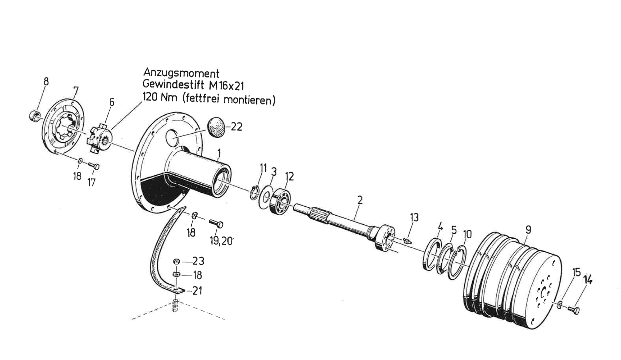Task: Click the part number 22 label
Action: [237, 127]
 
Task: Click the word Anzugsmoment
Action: [181, 73]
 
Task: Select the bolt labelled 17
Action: [94, 166]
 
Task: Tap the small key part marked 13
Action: [407, 240]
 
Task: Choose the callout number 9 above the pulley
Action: [528, 230]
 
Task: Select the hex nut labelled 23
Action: [176, 262]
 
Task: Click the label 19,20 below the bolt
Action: [221, 240]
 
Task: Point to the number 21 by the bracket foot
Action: [197, 291]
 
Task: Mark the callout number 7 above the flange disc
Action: [76, 90]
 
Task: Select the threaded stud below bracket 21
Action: [175, 305]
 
